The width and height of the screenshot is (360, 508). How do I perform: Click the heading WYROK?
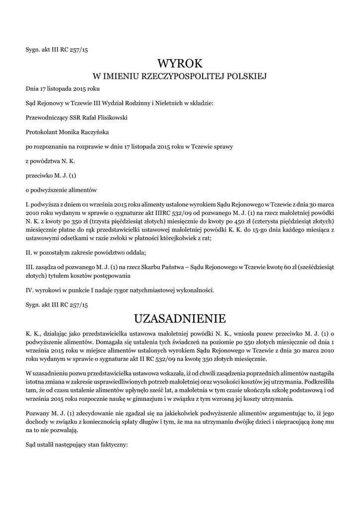[180, 63]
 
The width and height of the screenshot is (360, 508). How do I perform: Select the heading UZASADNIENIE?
[180, 317]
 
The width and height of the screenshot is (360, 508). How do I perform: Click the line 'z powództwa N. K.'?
[51, 161]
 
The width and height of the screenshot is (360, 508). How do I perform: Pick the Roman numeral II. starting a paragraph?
[29, 253]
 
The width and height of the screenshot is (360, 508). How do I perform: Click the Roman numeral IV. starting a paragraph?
[30, 290]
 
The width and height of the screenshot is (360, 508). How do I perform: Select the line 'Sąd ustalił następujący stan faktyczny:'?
[77, 445]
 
